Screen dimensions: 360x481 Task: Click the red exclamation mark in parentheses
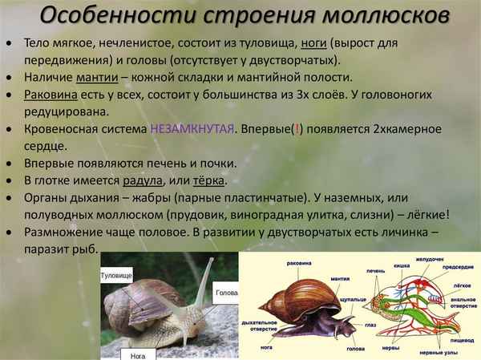pyautogui.click(x=296, y=129)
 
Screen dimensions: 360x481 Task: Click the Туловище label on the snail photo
pyautogui.click(x=116, y=275)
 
